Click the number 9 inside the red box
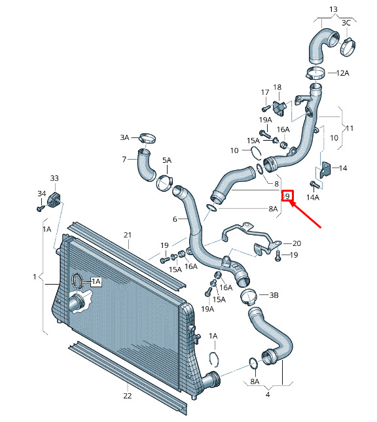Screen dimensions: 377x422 [x=287, y=196]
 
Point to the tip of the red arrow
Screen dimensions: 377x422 [x=290, y=202]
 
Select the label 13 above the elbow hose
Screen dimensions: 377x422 [x=333, y=9]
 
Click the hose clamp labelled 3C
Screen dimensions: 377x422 [x=348, y=48]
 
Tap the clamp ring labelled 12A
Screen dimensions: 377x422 [x=315, y=73]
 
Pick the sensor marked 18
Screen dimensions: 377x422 [x=279, y=107]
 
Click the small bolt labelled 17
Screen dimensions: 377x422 [x=266, y=108]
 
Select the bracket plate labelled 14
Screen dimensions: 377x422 [x=325, y=170]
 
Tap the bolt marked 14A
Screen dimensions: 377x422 [x=315, y=185]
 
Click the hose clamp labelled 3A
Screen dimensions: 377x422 [x=147, y=138]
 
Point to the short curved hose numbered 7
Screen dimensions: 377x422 [x=146, y=165]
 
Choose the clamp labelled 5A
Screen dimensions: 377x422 [x=164, y=183]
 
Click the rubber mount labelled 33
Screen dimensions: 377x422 [x=54, y=199]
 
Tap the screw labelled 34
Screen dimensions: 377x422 [x=41, y=208]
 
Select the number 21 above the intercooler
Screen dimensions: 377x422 [x=128, y=235]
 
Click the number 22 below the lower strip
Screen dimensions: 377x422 [x=128, y=396]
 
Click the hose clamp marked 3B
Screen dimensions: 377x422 [x=249, y=296]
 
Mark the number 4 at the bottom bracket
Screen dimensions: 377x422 [x=268, y=395]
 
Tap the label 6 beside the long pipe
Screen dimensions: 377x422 [x=175, y=219]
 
